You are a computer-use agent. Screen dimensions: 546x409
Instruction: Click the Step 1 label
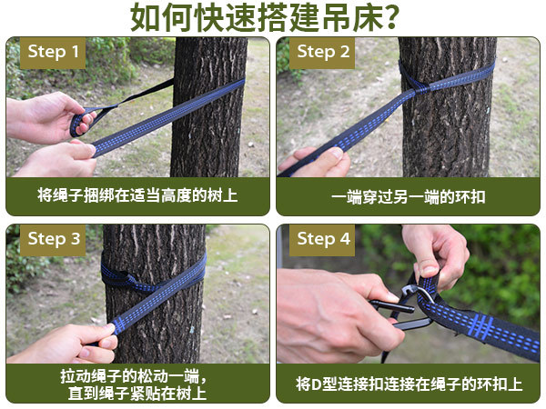pos(53,52)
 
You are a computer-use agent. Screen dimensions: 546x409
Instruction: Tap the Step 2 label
pos(322,52)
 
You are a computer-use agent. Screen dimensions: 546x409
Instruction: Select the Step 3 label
pos(53,239)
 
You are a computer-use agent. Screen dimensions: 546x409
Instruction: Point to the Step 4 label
pos(322,239)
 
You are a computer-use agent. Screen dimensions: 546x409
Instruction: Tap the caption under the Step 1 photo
pos(137,195)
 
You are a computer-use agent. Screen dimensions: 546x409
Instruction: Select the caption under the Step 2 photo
pos(408,197)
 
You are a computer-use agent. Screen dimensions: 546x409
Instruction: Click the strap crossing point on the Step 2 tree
pos(418,90)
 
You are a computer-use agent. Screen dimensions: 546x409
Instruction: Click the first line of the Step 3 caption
pos(134,376)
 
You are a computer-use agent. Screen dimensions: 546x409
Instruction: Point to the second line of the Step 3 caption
pos(137,394)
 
